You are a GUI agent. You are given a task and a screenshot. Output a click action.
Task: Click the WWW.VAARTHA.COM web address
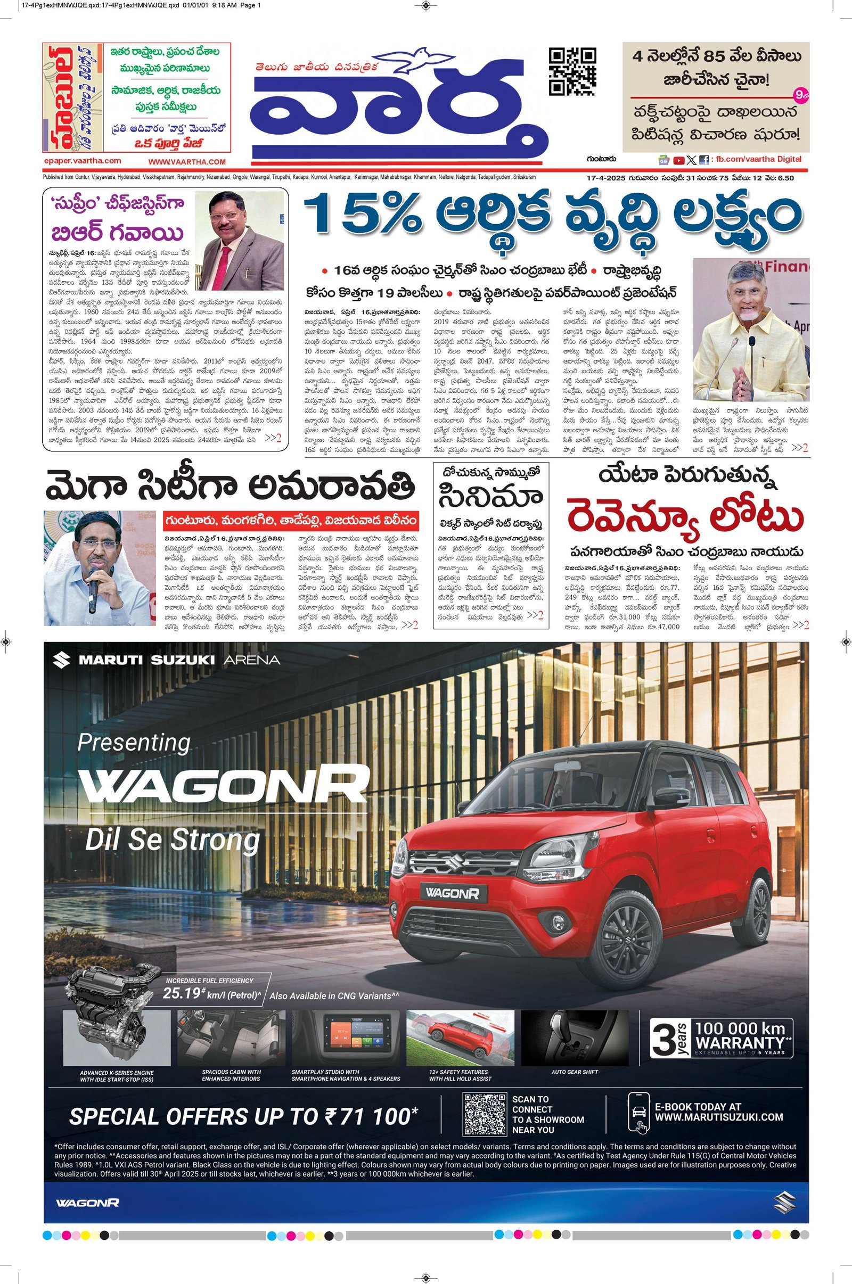pyautogui.click(x=186, y=162)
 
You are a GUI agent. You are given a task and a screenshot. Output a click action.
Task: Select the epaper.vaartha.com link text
pyautogui.click(x=82, y=161)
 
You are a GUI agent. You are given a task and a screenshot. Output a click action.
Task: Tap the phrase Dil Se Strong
pyautogui.click(x=172, y=840)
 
